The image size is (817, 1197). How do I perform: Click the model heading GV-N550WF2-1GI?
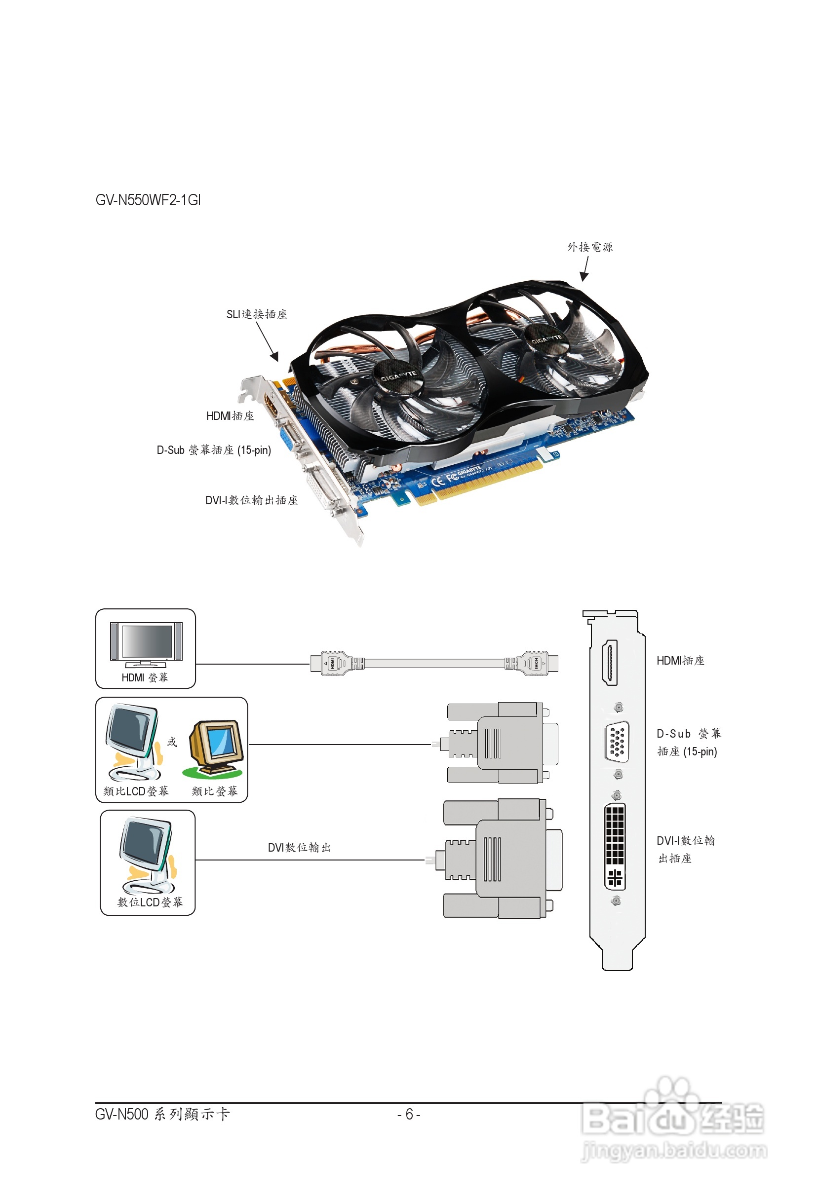coord(148,200)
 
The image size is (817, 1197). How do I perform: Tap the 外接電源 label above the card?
coord(590,247)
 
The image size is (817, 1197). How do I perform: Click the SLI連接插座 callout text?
coord(257,314)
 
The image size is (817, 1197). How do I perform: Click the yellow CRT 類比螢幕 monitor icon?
coord(215,748)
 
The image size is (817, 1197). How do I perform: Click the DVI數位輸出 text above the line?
coord(299,847)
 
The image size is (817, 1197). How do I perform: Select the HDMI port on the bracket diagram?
coord(610,662)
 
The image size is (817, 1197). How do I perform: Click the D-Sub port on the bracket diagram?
coord(617,742)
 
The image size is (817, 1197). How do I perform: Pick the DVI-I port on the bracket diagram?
coord(615,846)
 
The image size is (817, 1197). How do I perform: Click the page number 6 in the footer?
coord(409,1114)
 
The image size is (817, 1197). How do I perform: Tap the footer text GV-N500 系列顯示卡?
coord(162,1114)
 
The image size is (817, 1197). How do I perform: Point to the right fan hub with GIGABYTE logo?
coord(545,340)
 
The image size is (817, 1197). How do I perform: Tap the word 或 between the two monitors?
coord(172,742)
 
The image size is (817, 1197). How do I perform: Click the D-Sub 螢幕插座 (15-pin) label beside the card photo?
coord(214,450)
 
